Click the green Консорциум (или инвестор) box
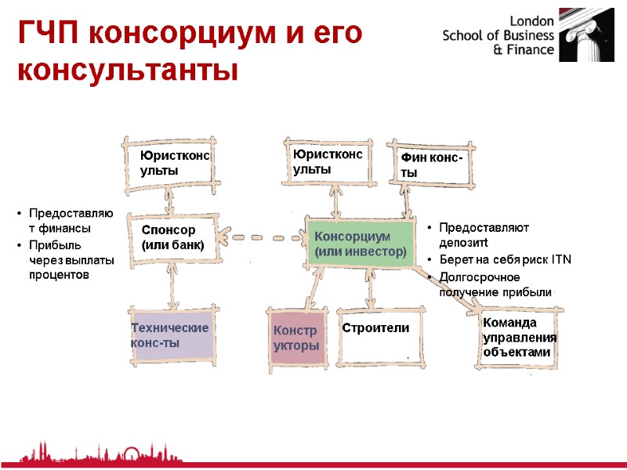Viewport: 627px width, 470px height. (360, 244)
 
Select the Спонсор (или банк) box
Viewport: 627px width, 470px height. (172, 237)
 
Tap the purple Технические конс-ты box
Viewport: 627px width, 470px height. (170, 335)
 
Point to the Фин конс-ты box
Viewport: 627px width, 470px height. (433, 166)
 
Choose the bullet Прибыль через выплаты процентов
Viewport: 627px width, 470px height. (71, 261)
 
